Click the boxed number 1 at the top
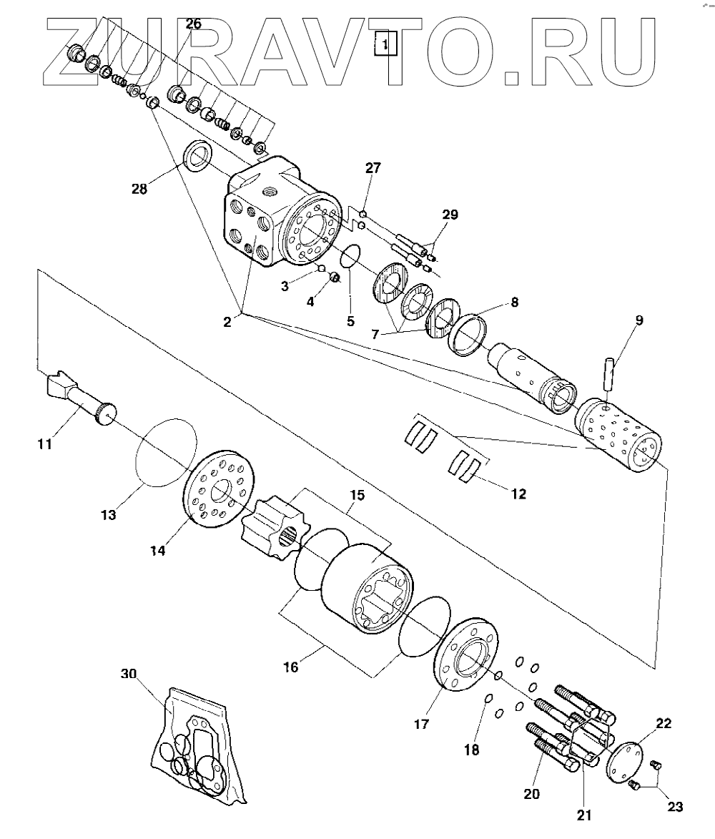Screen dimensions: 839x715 [385, 44]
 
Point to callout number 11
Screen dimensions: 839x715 [44, 444]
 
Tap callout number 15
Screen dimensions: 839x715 [356, 496]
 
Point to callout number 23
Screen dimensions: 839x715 [674, 807]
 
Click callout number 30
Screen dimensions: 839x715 [129, 673]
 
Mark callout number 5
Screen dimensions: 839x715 [350, 321]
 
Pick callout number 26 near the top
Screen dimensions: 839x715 [193, 24]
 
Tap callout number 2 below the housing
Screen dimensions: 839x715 [227, 321]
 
